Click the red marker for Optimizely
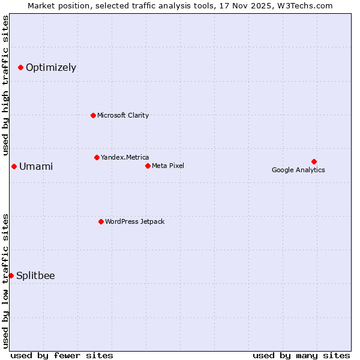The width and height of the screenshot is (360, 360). click(x=20, y=67)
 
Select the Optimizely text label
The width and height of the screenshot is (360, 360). click(x=51, y=67)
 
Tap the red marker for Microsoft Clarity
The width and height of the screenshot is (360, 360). click(x=93, y=115)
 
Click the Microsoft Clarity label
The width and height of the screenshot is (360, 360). click(x=123, y=115)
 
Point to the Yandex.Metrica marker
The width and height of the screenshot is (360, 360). click(x=97, y=157)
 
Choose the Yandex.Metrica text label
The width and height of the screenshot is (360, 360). click(x=125, y=157)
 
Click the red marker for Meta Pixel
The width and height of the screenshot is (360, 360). click(x=148, y=166)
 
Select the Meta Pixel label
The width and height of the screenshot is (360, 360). click(x=168, y=166)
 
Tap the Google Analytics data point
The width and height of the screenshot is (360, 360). click(x=314, y=161)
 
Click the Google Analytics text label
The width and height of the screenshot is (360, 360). click(x=298, y=170)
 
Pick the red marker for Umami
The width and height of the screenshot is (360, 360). click(x=14, y=166)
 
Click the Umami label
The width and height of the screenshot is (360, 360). click(x=36, y=166)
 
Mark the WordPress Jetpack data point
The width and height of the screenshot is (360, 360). click(x=101, y=221)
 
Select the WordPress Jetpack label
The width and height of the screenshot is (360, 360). click(x=134, y=221)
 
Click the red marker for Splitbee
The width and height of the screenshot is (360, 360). click(x=11, y=275)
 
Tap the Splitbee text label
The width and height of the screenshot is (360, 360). click(x=35, y=275)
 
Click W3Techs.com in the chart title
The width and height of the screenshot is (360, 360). click(x=308, y=6)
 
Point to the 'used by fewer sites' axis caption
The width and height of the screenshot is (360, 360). click(x=62, y=355)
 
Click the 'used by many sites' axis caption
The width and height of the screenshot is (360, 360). click(x=301, y=355)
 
